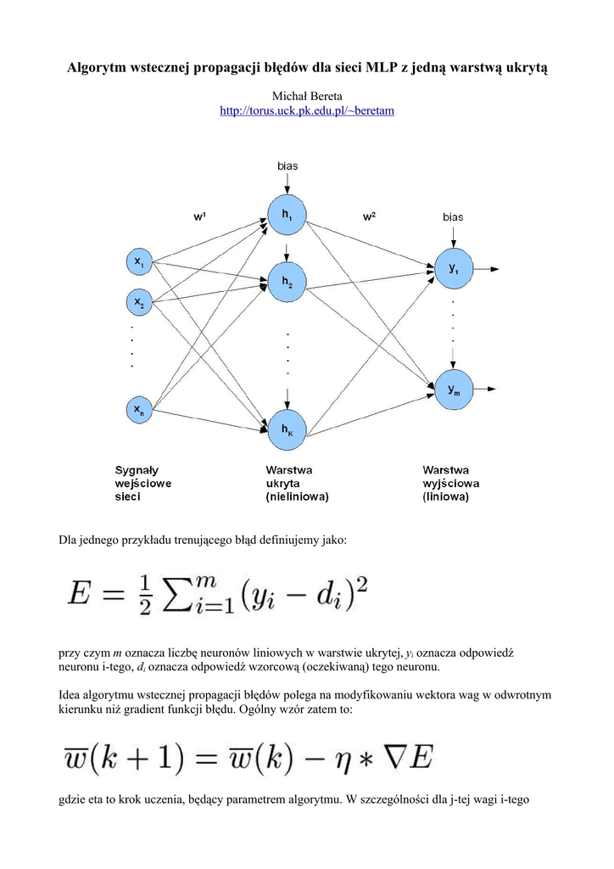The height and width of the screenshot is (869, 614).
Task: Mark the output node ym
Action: pos(453,388)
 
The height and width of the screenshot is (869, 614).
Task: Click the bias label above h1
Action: pos(287,166)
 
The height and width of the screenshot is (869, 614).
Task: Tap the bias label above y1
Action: pos(453,217)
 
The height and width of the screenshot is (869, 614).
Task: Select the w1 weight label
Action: pos(200,216)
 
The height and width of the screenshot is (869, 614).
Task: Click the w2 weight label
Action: pos(369,216)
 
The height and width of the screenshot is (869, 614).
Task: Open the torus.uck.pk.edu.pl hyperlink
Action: pos(306,111)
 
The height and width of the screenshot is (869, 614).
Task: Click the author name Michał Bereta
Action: pos(306,97)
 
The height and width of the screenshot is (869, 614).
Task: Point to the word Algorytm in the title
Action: pos(99,68)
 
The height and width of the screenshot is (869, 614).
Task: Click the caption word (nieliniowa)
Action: pos(297,496)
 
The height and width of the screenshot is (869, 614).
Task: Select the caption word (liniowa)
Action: pos(446,496)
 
